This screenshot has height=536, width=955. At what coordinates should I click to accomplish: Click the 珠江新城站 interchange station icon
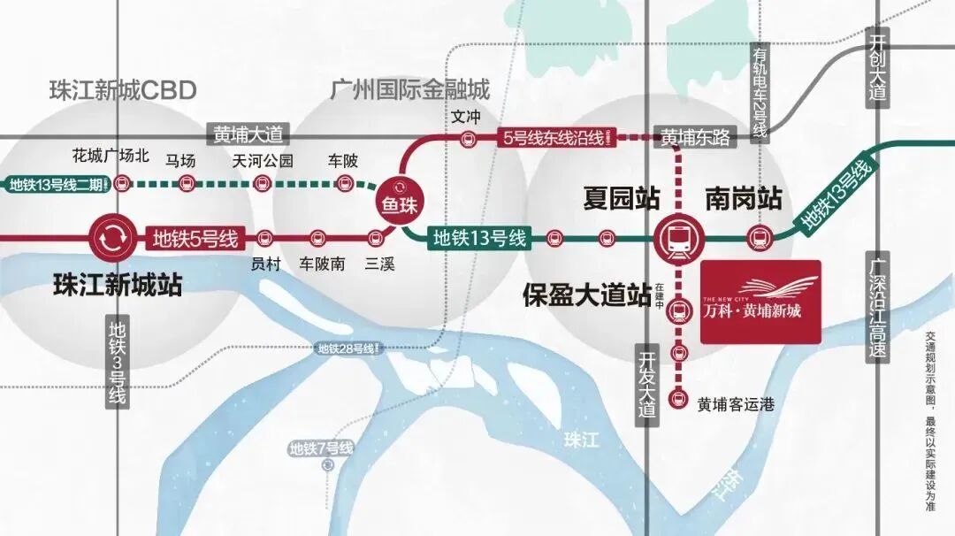tap(113, 238)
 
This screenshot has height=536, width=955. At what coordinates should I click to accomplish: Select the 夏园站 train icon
tap(678, 237)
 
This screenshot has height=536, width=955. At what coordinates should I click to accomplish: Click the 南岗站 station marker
tap(759, 237)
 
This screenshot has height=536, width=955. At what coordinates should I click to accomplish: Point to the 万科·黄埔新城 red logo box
tap(760, 301)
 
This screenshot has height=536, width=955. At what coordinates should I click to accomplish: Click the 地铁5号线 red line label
tap(195, 238)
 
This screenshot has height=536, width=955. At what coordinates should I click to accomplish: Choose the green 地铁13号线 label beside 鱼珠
tap(478, 237)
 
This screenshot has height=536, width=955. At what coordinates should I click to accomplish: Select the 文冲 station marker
tap(467, 138)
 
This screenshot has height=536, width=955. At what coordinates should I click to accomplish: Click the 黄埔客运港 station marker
tap(678, 399)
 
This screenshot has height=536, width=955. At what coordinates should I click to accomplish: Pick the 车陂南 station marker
tap(318, 238)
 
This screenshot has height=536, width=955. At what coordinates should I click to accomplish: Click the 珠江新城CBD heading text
tap(123, 90)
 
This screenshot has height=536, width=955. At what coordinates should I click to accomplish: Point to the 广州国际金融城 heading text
tap(409, 90)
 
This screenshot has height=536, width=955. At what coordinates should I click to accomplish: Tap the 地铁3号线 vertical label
tap(118, 363)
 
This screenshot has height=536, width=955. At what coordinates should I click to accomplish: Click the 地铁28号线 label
tap(349, 348)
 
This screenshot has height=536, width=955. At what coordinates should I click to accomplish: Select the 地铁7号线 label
tap(321, 448)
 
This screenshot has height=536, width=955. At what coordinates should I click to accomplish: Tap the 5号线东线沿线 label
tap(554, 137)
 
